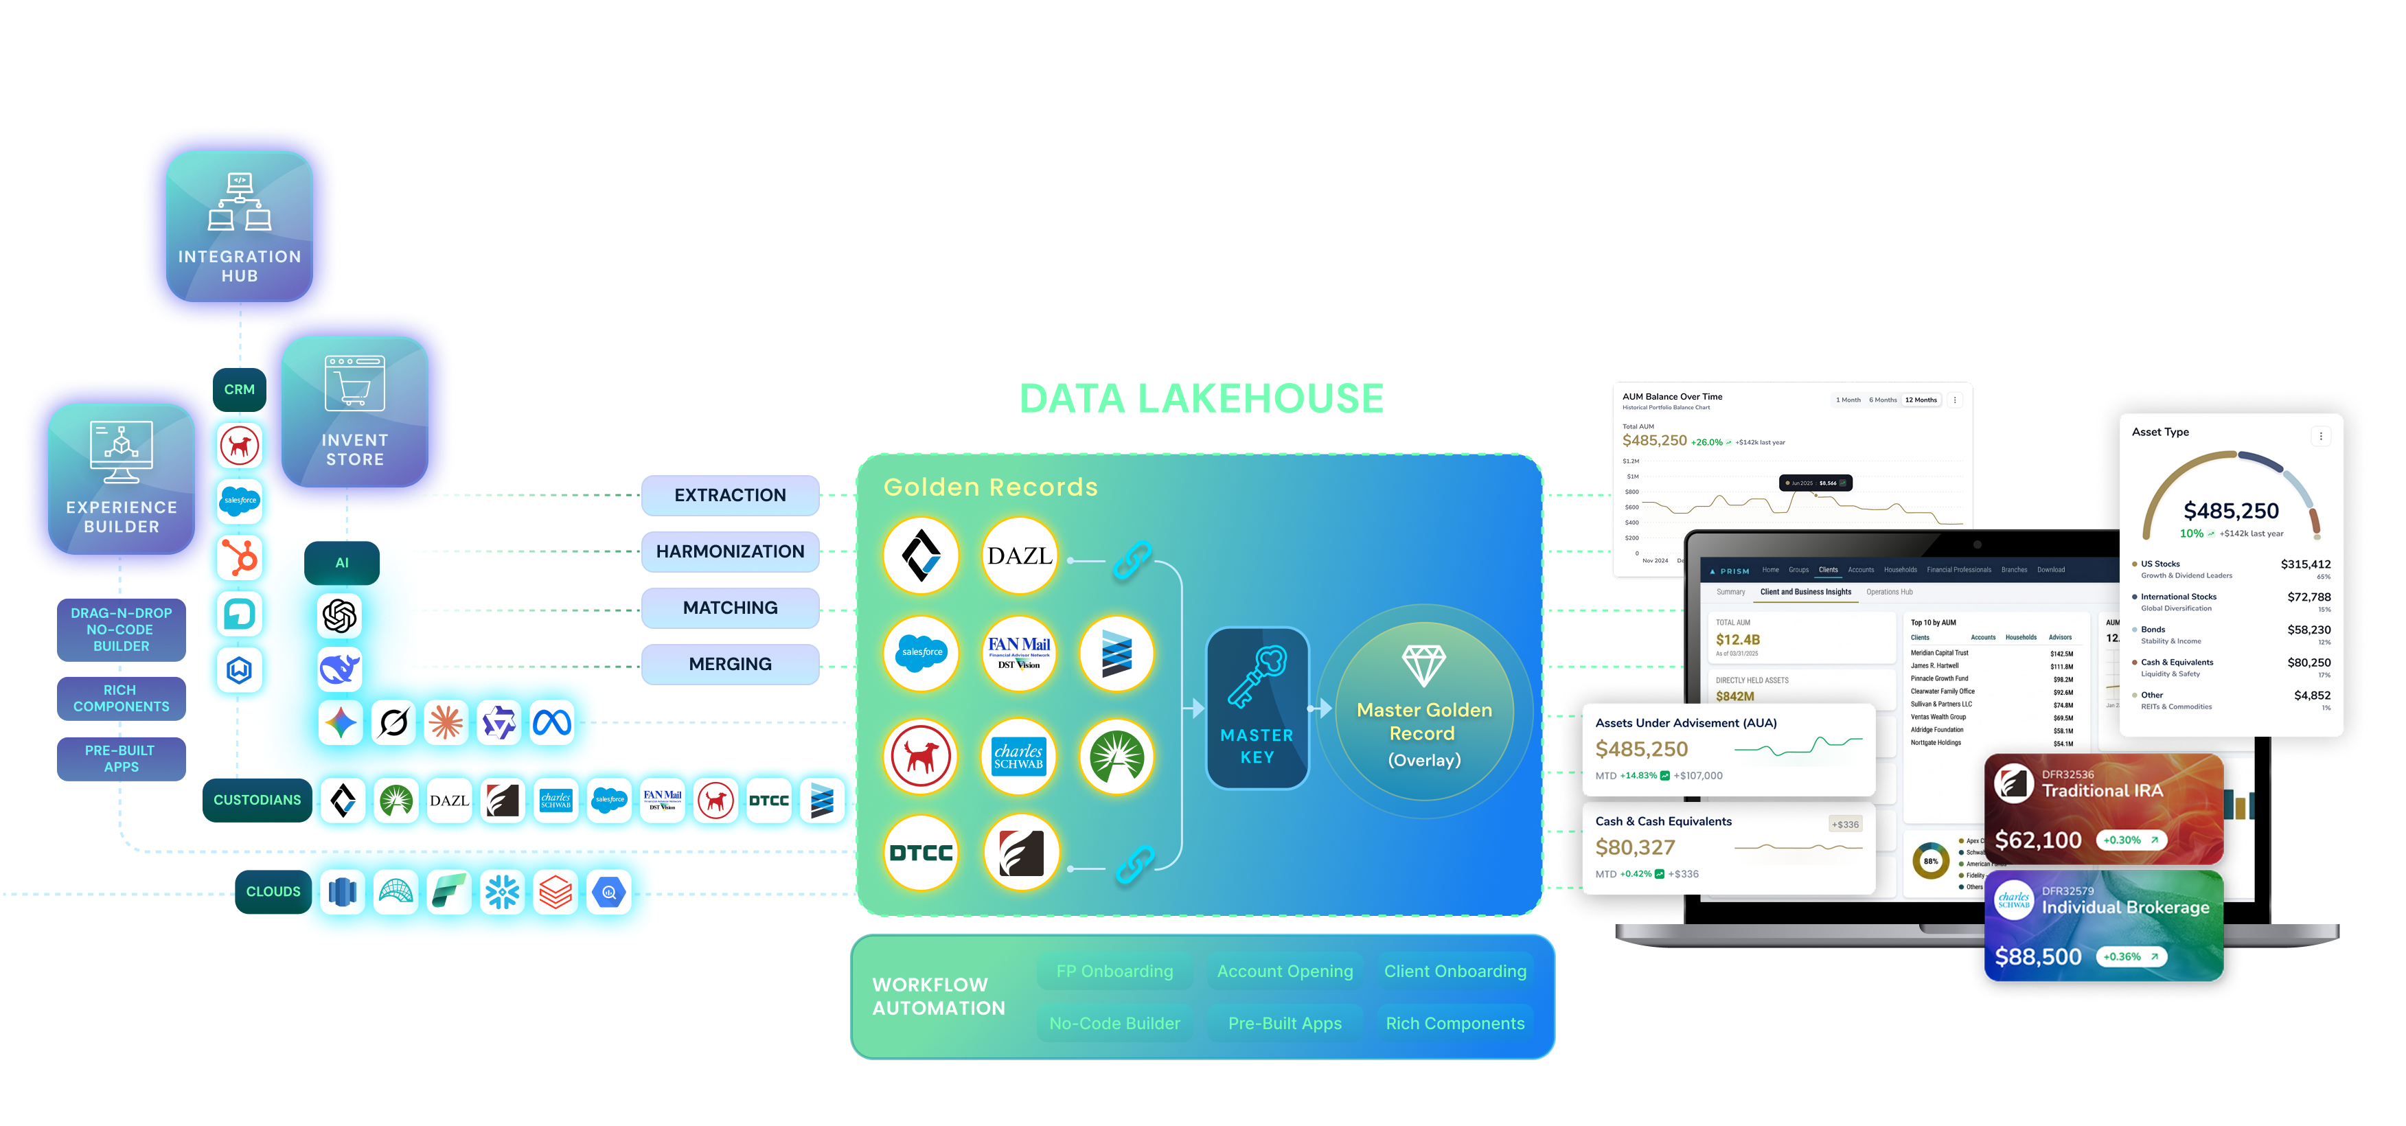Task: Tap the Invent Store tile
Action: [355, 411]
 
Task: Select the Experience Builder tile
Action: [122, 478]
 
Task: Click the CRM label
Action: [239, 389]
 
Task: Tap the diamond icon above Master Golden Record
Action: [1423, 665]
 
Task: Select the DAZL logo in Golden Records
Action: [1019, 556]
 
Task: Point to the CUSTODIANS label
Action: [257, 800]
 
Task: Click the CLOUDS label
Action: [273, 892]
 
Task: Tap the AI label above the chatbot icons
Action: [342, 563]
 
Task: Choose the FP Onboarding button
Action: [1114, 971]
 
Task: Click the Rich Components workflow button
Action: [1454, 1023]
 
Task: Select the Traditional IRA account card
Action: [2103, 809]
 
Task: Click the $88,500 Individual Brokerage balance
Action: [2038, 956]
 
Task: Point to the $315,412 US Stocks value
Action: [2305, 564]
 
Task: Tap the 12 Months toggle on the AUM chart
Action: [1921, 400]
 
